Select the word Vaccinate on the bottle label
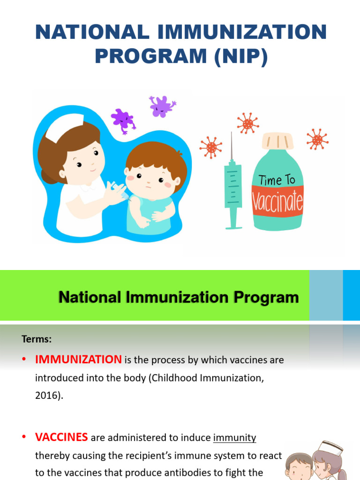[x=278, y=202]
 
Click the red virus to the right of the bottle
[x=317, y=139]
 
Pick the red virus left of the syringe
[x=210, y=148]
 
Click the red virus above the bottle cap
[x=247, y=124]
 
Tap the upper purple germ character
[x=162, y=106]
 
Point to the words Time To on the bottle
[x=277, y=180]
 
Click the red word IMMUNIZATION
[x=78, y=360]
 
